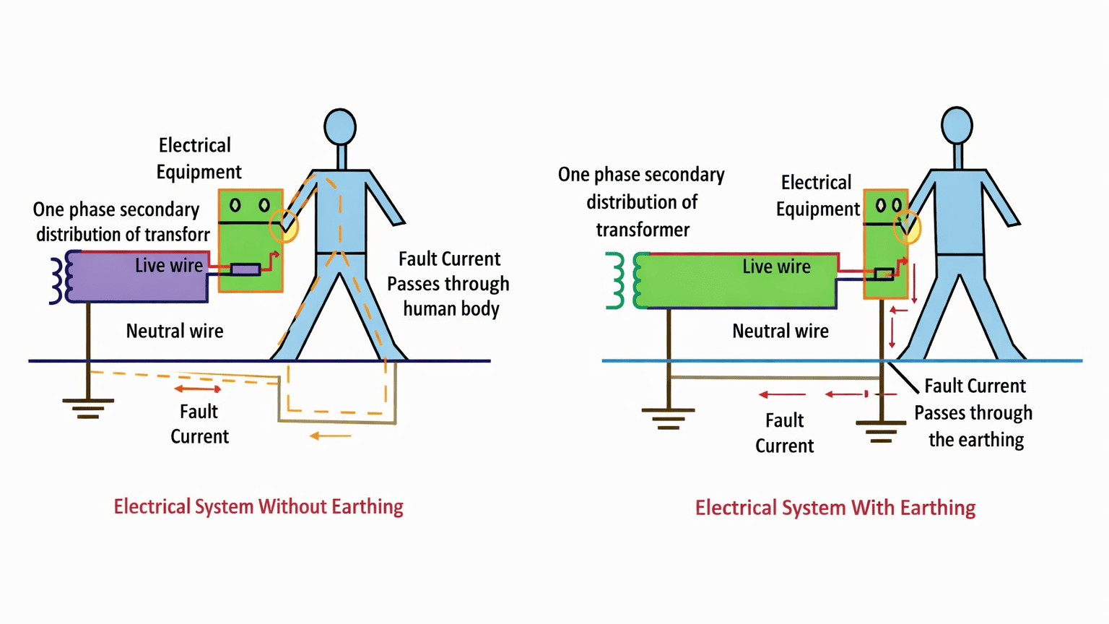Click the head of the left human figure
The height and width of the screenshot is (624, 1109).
340,127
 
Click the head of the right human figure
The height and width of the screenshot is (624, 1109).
957,126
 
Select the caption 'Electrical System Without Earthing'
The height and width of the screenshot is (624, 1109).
258,506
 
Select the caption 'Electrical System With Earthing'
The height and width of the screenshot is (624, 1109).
835,508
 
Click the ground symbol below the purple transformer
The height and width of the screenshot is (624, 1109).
87,408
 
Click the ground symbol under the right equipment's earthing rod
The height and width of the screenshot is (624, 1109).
881,431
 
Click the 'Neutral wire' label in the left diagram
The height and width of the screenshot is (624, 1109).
175,331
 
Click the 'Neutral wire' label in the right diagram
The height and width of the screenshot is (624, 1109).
780,331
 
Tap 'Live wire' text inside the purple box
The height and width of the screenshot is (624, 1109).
169,265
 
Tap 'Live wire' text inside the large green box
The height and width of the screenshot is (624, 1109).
776,266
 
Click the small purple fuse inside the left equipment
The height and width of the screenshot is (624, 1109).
245,269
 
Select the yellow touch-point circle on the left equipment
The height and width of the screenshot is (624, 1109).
284,226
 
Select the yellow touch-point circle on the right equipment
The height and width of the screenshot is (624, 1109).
907,227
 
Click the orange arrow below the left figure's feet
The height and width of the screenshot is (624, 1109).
330,436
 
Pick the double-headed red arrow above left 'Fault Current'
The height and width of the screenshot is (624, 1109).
197,389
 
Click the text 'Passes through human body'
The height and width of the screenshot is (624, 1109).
448,296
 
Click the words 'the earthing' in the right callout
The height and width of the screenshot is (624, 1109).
976,440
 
